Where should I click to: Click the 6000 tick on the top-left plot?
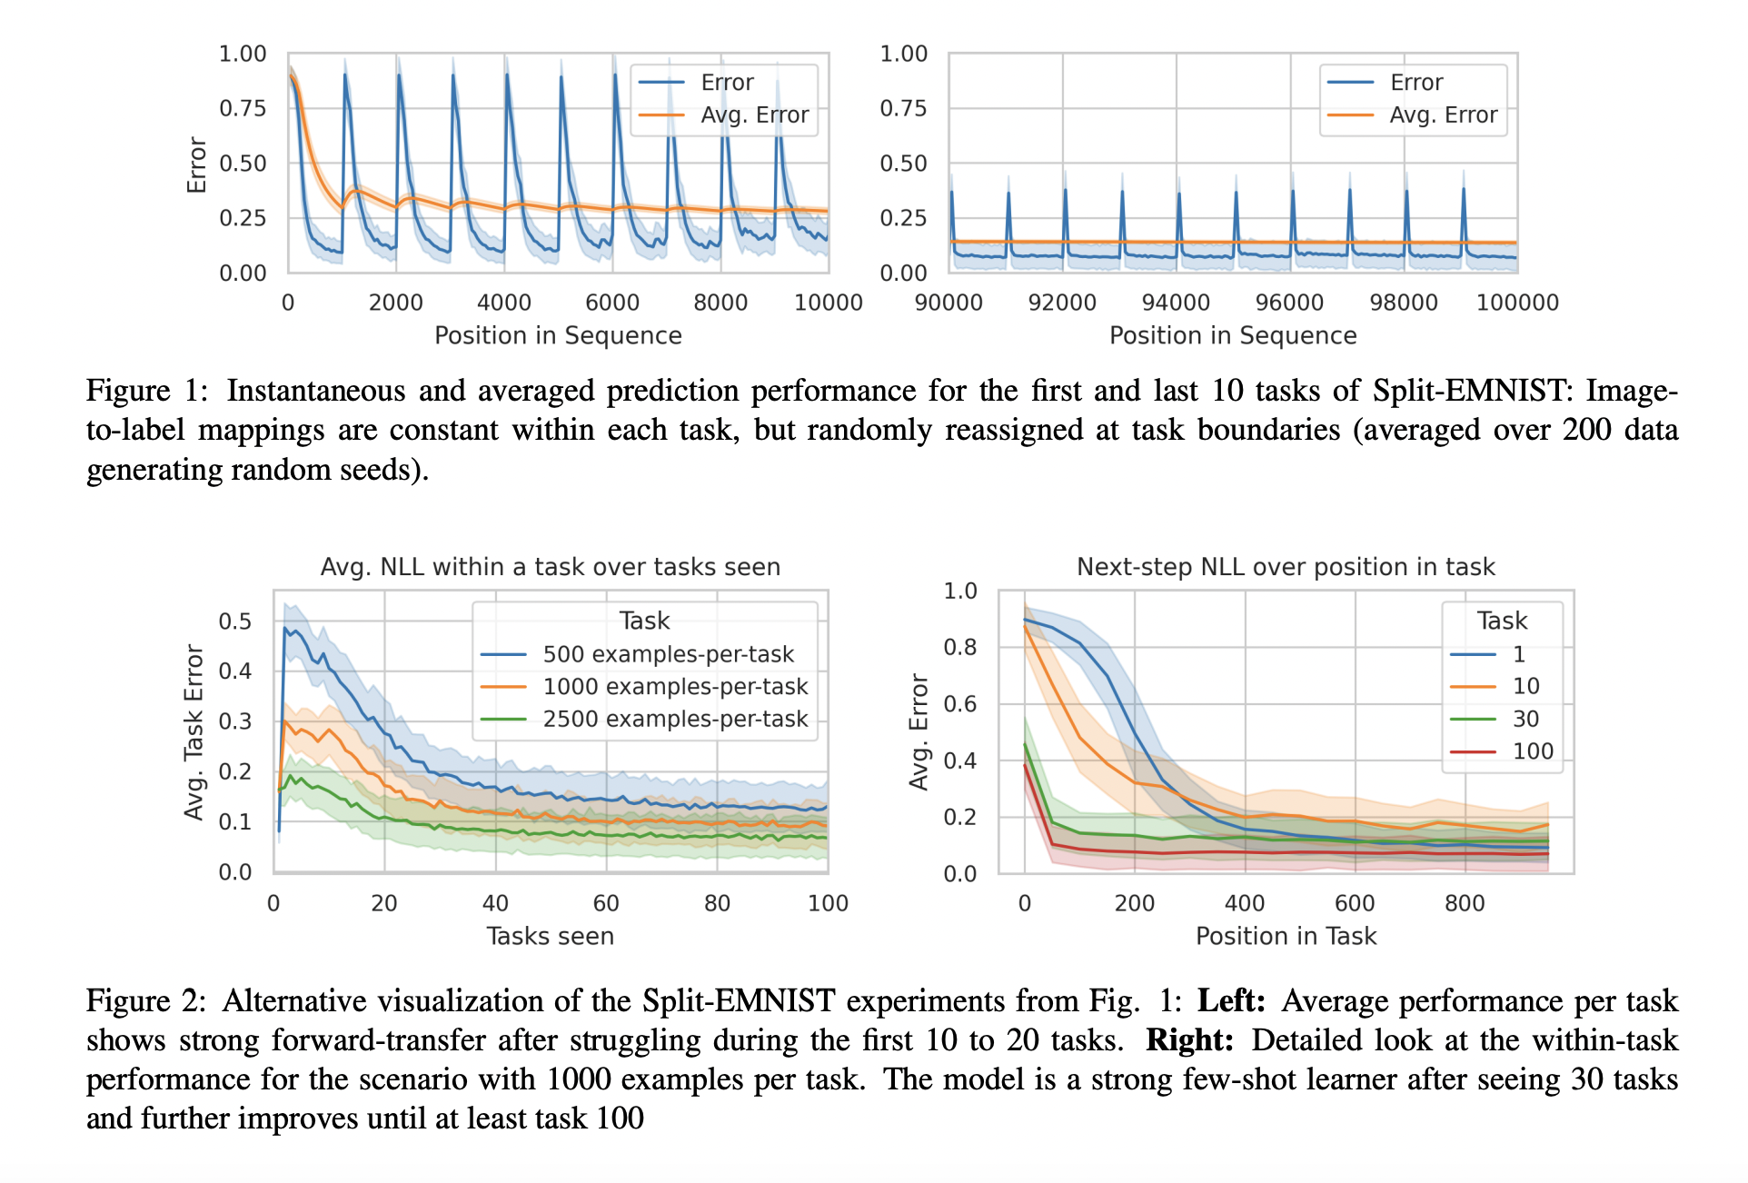[x=612, y=303]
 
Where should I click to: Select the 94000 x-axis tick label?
[x=1176, y=303]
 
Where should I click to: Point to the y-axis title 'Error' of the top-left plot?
[x=197, y=165]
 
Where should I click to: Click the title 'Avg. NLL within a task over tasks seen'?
[x=551, y=567]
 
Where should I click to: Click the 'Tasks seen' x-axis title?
[x=551, y=936]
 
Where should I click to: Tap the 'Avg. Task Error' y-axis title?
[x=194, y=732]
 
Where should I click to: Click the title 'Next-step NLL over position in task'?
[x=1286, y=567]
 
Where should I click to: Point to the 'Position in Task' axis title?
[x=1286, y=936]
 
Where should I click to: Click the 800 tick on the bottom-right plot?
[x=1465, y=903]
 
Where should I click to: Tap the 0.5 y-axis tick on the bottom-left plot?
[x=234, y=621]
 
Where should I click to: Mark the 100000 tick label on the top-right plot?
[x=1517, y=303]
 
